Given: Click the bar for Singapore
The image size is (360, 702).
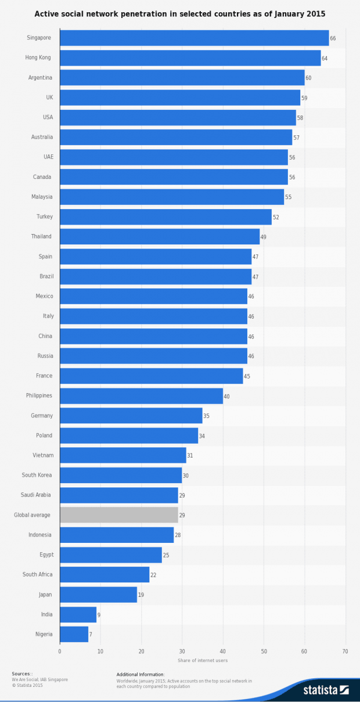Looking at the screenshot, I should pyautogui.click(x=194, y=38).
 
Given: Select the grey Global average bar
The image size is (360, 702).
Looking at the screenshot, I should pyautogui.click(x=118, y=515).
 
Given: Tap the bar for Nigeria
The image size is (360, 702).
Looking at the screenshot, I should pyautogui.click(x=74, y=634).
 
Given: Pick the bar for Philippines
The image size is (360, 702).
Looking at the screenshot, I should pyautogui.click(x=141, y=396).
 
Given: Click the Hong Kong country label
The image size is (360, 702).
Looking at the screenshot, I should pyautogui.click(x=38, y=57).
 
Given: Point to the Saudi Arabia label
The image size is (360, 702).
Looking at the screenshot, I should pyautogui.click(x=37, y=495).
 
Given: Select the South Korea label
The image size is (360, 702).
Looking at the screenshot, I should pyautogui.click(x=37, y=475).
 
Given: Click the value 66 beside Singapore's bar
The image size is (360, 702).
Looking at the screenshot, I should pyautogui.click(x=333, y=38).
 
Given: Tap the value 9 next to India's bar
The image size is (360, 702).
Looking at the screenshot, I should pyautogui.click(x=99, y=614).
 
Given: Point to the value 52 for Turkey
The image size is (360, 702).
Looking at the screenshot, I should pyautogui.click(x=276, y=217).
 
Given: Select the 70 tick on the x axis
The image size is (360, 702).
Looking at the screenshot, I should pyautogui.click(x=345, y=651).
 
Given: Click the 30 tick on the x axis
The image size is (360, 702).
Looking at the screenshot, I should pyautogui.click(x=182, y=651).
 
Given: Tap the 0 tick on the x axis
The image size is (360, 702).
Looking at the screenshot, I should pyautogui.click(x=60, y=651).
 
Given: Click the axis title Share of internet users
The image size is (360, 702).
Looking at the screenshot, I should pyautogui.click(x=203, y=660).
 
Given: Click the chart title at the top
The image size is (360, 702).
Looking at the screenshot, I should pyautogui.click(x=180, y=13).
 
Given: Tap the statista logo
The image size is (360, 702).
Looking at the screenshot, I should pyautogui.click(x=326, y=690).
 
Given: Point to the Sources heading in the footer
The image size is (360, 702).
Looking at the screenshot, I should pyautogui.click(x=22, y=674).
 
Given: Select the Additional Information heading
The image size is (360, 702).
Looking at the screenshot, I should pyautogui.click(x=141, y=674).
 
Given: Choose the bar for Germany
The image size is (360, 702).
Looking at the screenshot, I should pyautogui.click(x=131, y=416).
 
